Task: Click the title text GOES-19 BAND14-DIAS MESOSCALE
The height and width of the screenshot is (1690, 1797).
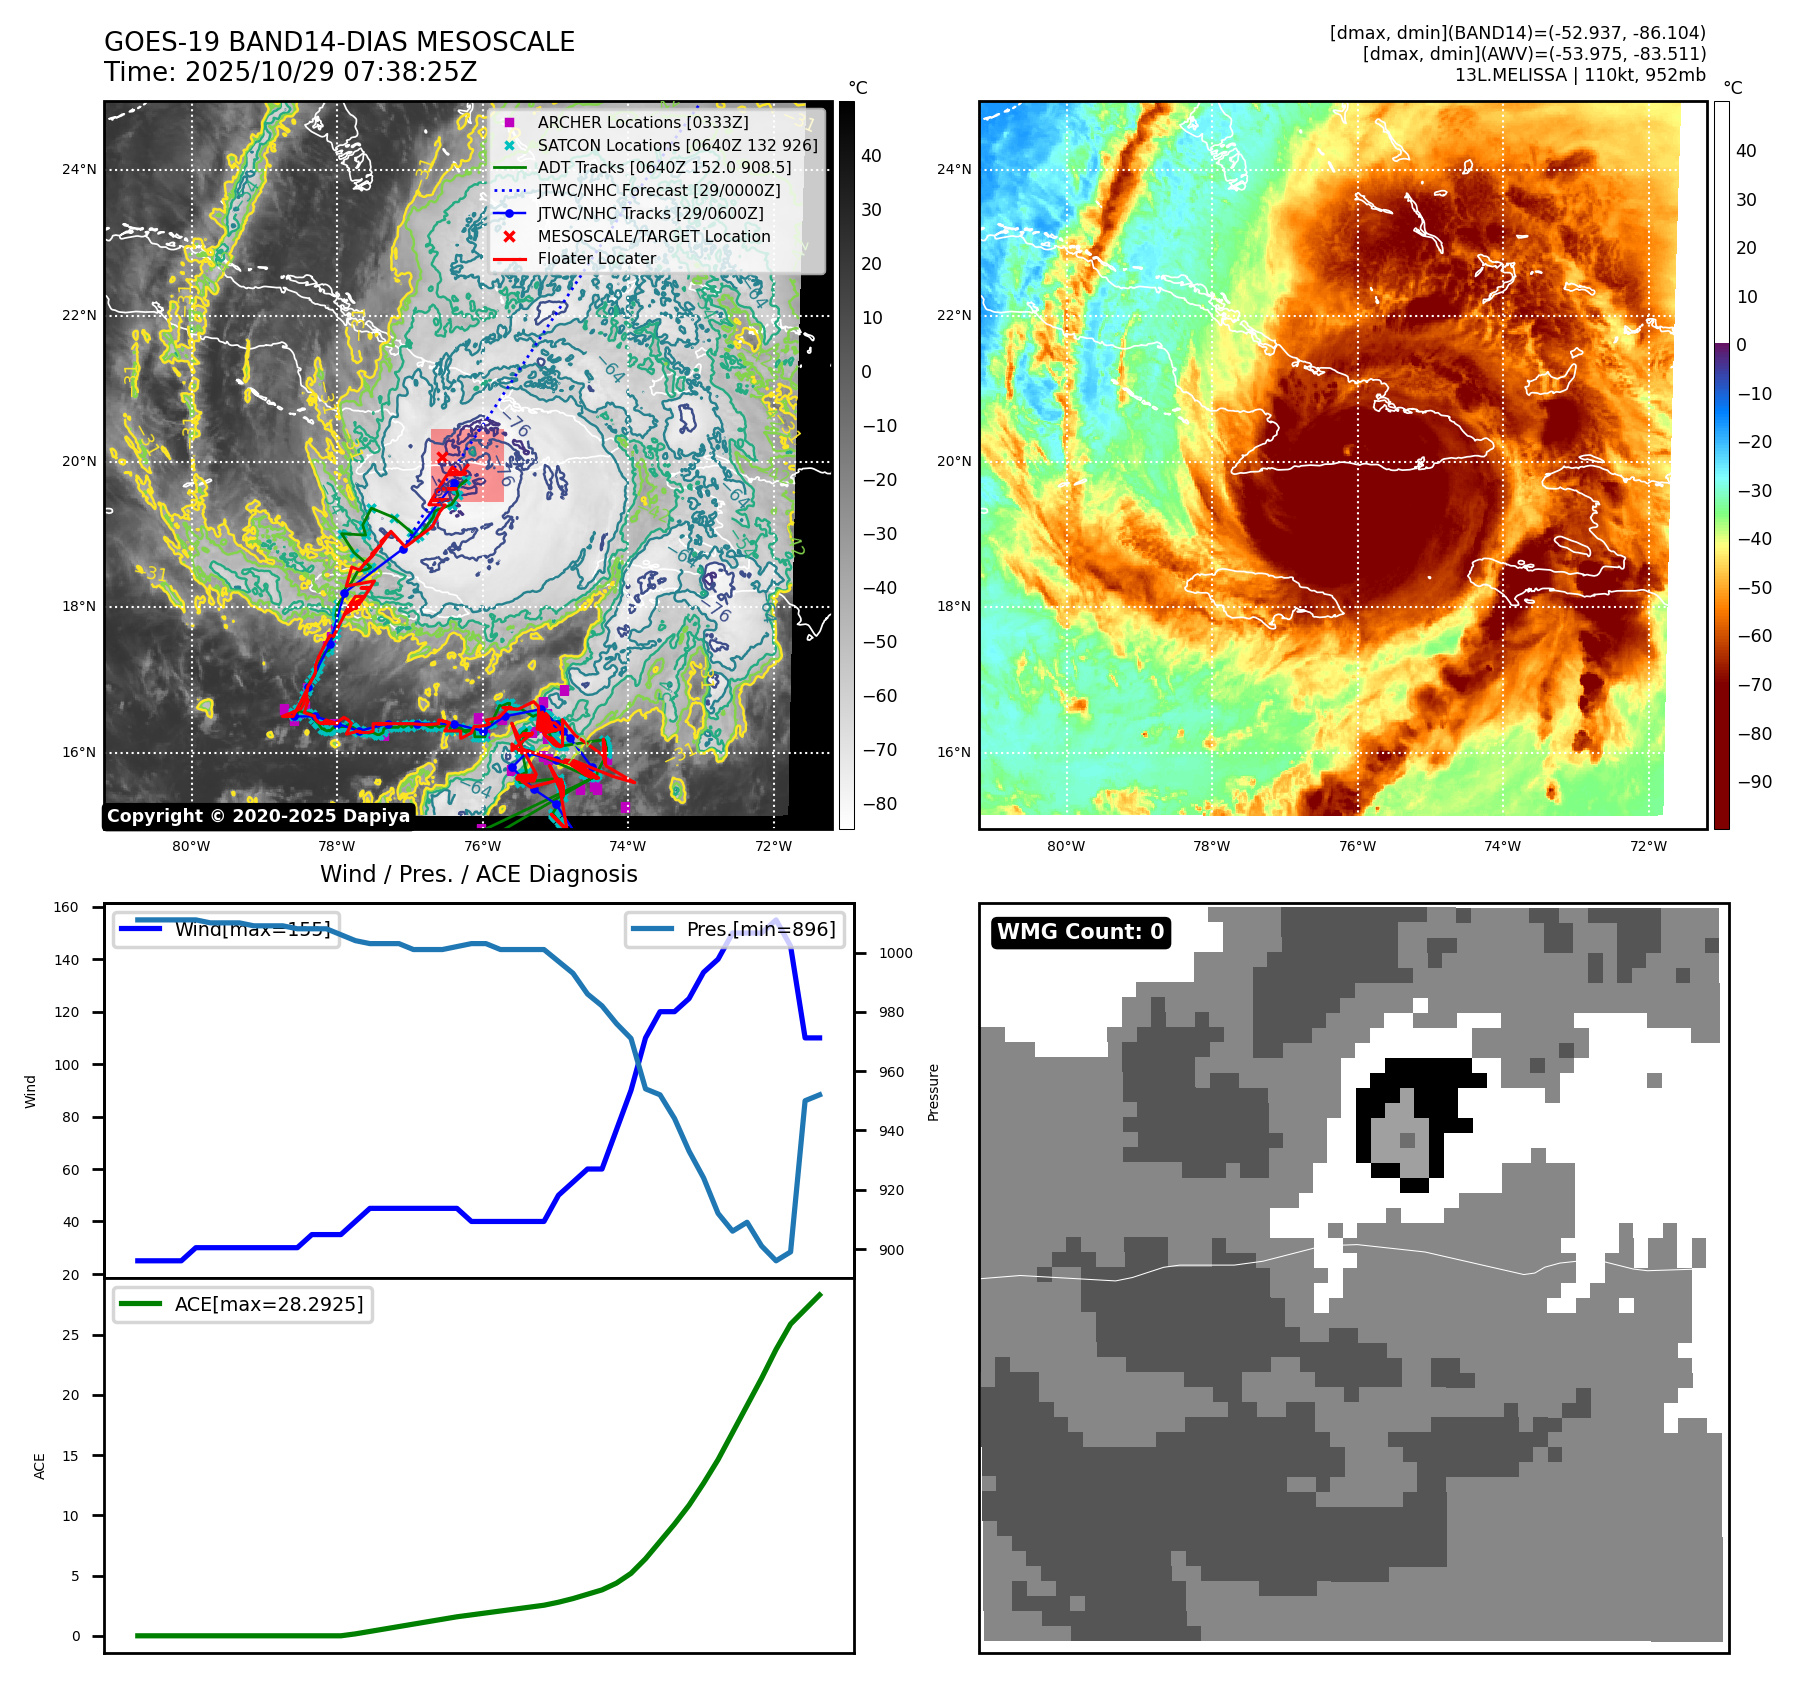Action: coord(339,42)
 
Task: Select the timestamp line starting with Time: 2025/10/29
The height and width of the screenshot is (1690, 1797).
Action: coord(290,72)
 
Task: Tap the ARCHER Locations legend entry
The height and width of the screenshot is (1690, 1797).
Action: coord(642,122)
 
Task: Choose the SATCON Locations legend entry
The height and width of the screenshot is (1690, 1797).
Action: coord(677,145)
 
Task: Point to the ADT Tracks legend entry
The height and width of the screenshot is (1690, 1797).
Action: coord(664,168)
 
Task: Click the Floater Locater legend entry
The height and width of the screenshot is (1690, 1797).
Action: coord(596,258)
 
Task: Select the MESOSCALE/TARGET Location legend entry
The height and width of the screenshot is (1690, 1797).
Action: coord(654,236)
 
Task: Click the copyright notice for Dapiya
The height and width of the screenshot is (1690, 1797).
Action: coord(258,816)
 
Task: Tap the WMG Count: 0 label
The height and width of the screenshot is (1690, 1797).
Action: coord(1080,932)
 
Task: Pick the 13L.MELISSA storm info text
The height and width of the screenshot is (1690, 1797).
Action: coord(1580,75)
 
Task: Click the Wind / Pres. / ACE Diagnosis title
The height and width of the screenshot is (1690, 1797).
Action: coord(478,874)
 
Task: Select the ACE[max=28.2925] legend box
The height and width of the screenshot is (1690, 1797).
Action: coord(243,1304)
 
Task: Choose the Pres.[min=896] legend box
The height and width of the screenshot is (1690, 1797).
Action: coord(735,929)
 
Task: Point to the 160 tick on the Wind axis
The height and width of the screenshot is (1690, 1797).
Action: coord(66,908)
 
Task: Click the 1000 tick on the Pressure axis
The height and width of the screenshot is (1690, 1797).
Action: coord(895,953)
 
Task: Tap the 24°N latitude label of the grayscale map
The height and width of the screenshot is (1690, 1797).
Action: coord(79,169)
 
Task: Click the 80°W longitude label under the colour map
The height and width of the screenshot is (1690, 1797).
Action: coord(1066,846)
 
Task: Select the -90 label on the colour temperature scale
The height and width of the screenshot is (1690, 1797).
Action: coord(1754,782)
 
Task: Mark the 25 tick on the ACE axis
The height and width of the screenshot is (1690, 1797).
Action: coord(71,1335)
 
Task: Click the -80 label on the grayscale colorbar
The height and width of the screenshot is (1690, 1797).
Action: coord(879,804)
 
